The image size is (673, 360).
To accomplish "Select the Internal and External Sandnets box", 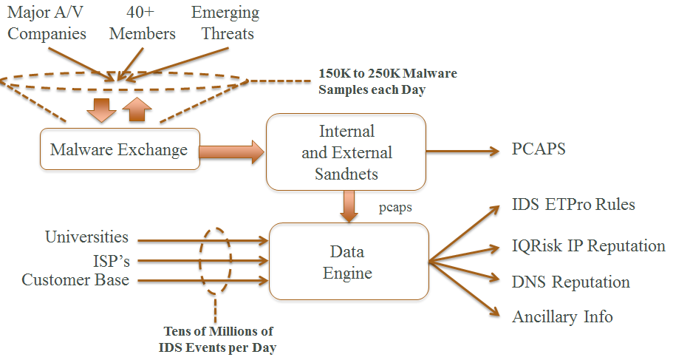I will (x=346, y=153).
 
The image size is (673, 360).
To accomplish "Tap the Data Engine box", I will (x=348, y=262).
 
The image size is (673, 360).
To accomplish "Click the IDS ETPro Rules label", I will (x=573, y=205).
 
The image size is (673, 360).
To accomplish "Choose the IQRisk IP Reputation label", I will (x=588, y=246).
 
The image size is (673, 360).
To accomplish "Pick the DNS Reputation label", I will (x=570, y=282).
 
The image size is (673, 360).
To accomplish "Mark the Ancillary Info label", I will (x=562, y=317).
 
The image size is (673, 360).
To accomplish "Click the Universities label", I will (x=86, y=238).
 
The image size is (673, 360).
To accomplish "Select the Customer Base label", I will (x=75, y=280).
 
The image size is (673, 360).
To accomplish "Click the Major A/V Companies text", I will (x=47, y=23).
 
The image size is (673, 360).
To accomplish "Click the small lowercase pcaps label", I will (x=394, y=208).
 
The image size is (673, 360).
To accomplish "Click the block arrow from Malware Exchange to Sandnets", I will (x=231, y=152).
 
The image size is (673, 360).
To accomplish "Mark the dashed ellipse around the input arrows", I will (x=216, y=259).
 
